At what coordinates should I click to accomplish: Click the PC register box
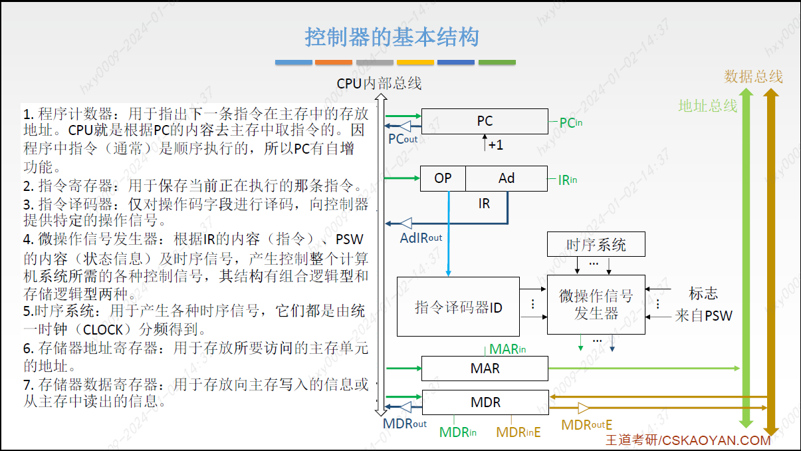(485, 121)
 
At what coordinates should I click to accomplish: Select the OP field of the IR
(443, 178)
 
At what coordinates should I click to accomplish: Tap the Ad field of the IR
(507, 178)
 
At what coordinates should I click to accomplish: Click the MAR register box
(485, 369)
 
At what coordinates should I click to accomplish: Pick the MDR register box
(485, 402)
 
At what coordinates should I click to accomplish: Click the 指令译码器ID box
(458, 307)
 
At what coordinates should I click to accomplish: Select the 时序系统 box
(596, 244)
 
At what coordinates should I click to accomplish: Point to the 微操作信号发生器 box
(596, 305)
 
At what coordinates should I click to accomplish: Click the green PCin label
(571, 123)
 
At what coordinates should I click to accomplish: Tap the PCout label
(403, 139)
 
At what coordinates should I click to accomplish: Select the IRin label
(568, 180)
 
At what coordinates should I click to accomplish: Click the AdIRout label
(421, 238)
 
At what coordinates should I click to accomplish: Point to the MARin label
(507, 349)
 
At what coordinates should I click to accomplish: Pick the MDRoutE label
(587, 425)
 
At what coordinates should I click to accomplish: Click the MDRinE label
(518, 432)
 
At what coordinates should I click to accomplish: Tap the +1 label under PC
(496, 145)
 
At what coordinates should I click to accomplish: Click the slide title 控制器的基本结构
(392, 37)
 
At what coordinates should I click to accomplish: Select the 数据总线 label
(753, 76)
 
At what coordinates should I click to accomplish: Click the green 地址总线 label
(708, 106)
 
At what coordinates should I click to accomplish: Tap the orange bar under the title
(334, 63)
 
